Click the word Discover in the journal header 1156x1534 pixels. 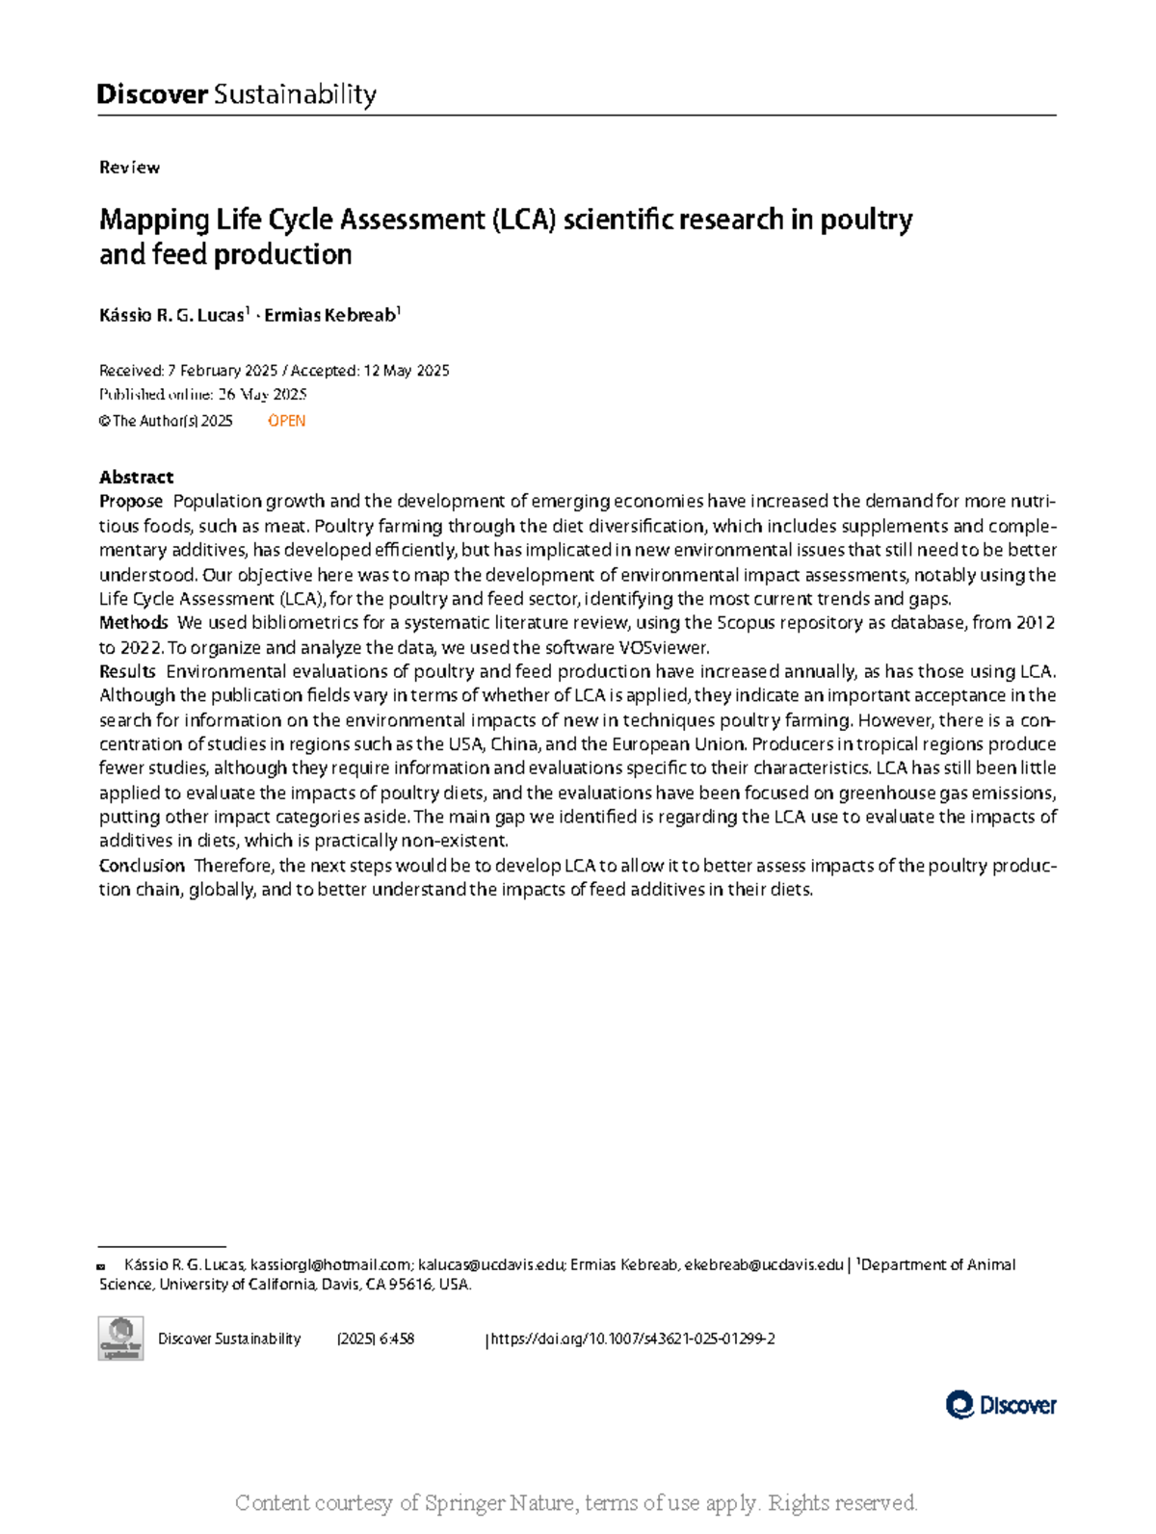click(152, 94)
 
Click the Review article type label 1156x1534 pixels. click(129, 168)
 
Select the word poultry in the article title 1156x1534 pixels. click(866, 220)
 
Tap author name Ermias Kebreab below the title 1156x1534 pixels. click(330, 315)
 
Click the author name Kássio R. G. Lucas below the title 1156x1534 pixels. click(172, 315)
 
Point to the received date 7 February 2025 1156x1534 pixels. click(223, 371)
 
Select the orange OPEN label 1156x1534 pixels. click(286, 421)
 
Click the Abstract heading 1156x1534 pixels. click(136, 477)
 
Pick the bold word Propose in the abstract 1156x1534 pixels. click(131, 501)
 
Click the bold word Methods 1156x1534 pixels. click(134, 623)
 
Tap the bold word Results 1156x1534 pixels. click(127, 671)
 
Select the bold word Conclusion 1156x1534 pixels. click(142, 866)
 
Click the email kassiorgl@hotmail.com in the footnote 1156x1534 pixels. click(330, 1264)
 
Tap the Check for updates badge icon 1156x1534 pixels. click(120, 1339)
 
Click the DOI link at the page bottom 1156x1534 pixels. click(634, 1339)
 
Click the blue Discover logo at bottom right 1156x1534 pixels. click(1001, 1405)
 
